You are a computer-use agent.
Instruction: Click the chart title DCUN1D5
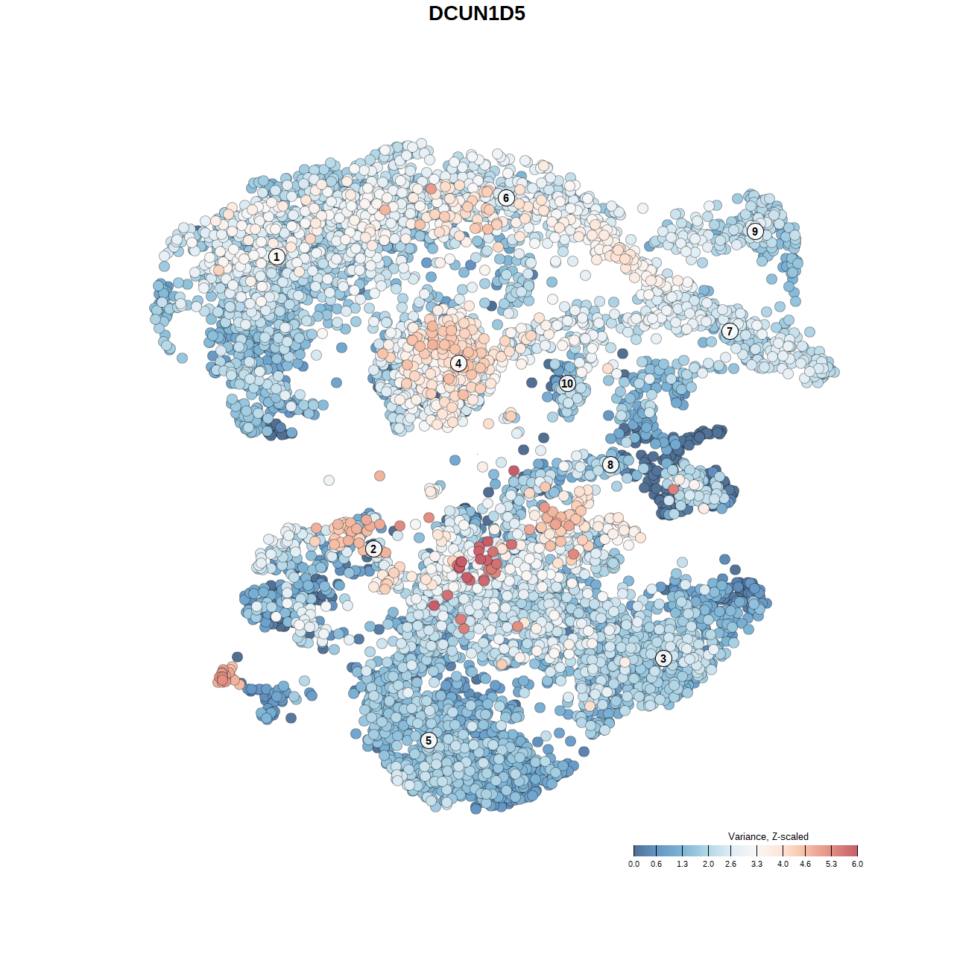477,13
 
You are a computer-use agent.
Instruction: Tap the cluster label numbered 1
277,256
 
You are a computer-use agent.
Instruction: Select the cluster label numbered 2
373,549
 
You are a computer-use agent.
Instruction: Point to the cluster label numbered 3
663,658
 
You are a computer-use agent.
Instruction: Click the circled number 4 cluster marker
458,364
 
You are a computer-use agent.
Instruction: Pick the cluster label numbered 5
429,740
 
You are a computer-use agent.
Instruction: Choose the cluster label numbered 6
506,198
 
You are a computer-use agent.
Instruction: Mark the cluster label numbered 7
730,331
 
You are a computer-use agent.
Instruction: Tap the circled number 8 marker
610,465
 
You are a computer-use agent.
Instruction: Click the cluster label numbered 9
755,231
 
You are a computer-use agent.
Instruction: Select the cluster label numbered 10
567,383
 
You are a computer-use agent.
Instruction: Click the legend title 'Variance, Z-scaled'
768,836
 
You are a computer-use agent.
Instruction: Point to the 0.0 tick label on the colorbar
634,865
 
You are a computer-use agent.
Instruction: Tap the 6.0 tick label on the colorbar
857,865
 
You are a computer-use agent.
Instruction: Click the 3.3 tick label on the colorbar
756,865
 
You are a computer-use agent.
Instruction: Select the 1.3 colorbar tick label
682,865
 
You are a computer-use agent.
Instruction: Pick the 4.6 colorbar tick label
805,865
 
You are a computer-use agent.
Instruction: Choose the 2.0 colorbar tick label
708,865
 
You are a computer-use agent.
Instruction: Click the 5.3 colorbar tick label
831,865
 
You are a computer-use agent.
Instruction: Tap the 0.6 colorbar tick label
656,865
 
